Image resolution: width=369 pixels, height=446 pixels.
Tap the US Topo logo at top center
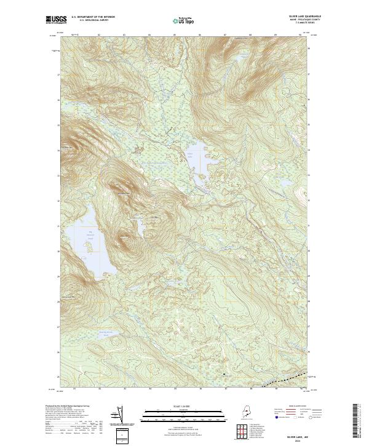tap(184, 20)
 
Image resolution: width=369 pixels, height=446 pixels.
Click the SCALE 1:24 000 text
tap(179, 405)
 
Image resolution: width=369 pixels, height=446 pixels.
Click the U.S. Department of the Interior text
tap(93, 16)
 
